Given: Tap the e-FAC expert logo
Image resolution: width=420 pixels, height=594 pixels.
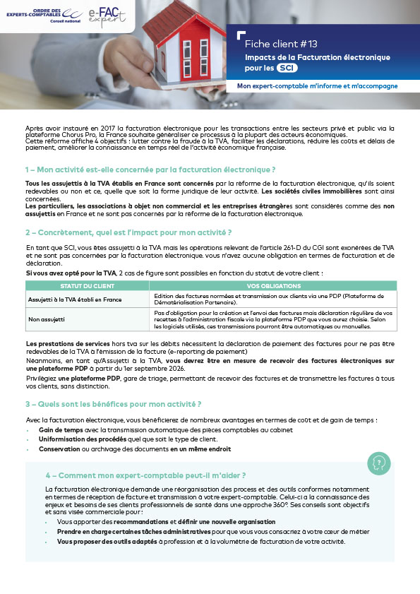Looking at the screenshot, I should [x=107, y=15].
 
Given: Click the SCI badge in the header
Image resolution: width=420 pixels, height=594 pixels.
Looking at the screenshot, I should [x=287, y=68].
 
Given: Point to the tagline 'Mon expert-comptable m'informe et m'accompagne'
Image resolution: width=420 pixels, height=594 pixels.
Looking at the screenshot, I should [x=317, y=86].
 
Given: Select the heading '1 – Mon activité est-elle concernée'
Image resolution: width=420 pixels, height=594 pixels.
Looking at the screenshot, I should [x=150, y=170].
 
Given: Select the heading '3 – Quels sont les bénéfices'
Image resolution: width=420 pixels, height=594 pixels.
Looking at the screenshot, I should [x=114, y=404].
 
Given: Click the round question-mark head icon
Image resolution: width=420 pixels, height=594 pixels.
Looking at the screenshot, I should [x=379, y=463].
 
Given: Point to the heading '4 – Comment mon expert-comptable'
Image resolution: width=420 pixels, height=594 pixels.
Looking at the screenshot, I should [x=145, y=475].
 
